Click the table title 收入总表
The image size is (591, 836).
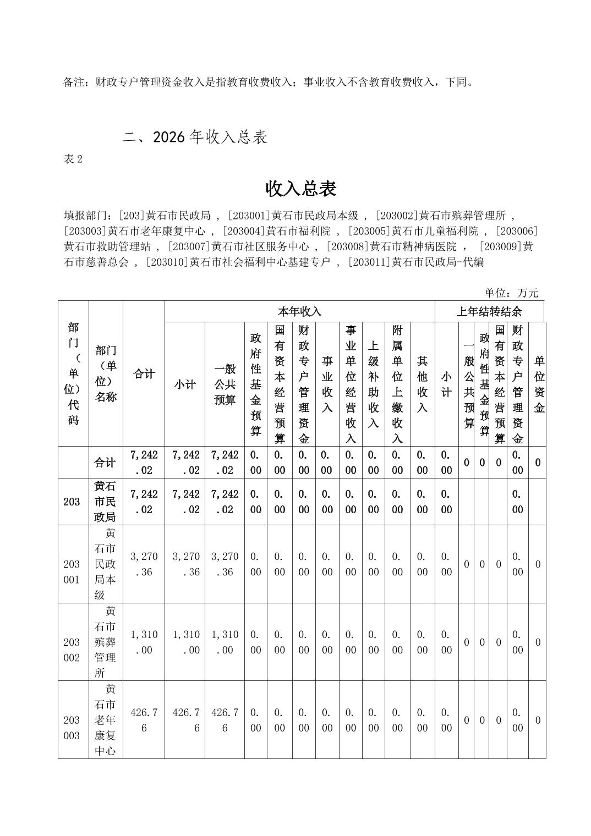point(301,189)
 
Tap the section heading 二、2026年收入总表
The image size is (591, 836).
point(195,137)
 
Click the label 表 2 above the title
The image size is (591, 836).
point(73,159)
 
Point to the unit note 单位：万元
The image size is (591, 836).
point(511,293)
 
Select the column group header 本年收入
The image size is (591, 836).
point(299,312)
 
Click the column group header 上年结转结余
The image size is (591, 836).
point(489,312)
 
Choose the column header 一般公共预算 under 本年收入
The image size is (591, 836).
point(225,384)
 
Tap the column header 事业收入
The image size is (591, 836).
point(327,384)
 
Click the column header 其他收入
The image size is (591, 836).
point(422,384)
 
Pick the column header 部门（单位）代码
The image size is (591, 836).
point(73,374)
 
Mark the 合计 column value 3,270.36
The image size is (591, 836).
point(144,564)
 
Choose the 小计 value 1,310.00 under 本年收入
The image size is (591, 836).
point(185,642)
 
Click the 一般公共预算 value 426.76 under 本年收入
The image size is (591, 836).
point(225,720)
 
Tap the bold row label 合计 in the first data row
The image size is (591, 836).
point(105,463)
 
